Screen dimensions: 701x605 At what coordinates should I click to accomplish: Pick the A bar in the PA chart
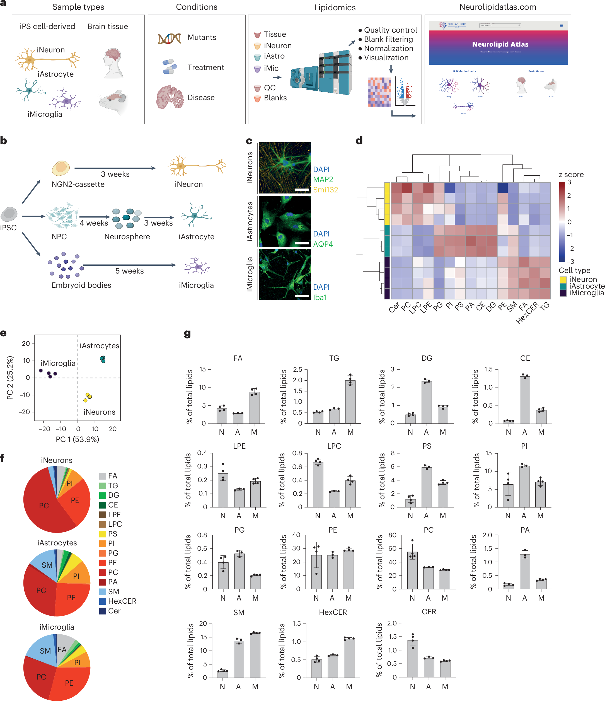pos(525,572)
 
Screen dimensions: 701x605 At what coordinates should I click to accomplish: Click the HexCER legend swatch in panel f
pos(103,601)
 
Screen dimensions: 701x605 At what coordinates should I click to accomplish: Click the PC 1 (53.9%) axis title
pos(78,439)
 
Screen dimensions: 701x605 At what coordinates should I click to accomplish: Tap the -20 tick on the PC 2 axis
pos(26,412)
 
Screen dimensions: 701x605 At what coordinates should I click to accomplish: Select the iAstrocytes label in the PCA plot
pos(100,345)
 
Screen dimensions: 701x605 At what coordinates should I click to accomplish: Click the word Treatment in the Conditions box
pos(206,67)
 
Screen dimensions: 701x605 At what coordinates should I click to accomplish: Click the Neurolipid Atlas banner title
pos(500,44)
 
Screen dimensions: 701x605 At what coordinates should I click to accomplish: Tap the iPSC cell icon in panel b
pos(9,214)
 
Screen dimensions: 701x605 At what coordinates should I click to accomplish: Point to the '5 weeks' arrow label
pos(129,271)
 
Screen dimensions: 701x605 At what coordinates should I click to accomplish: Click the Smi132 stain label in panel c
pos(325,190)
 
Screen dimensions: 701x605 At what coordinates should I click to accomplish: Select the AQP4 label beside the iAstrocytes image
pos(323,244)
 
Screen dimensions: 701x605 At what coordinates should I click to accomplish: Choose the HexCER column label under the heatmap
pos(527,313)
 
